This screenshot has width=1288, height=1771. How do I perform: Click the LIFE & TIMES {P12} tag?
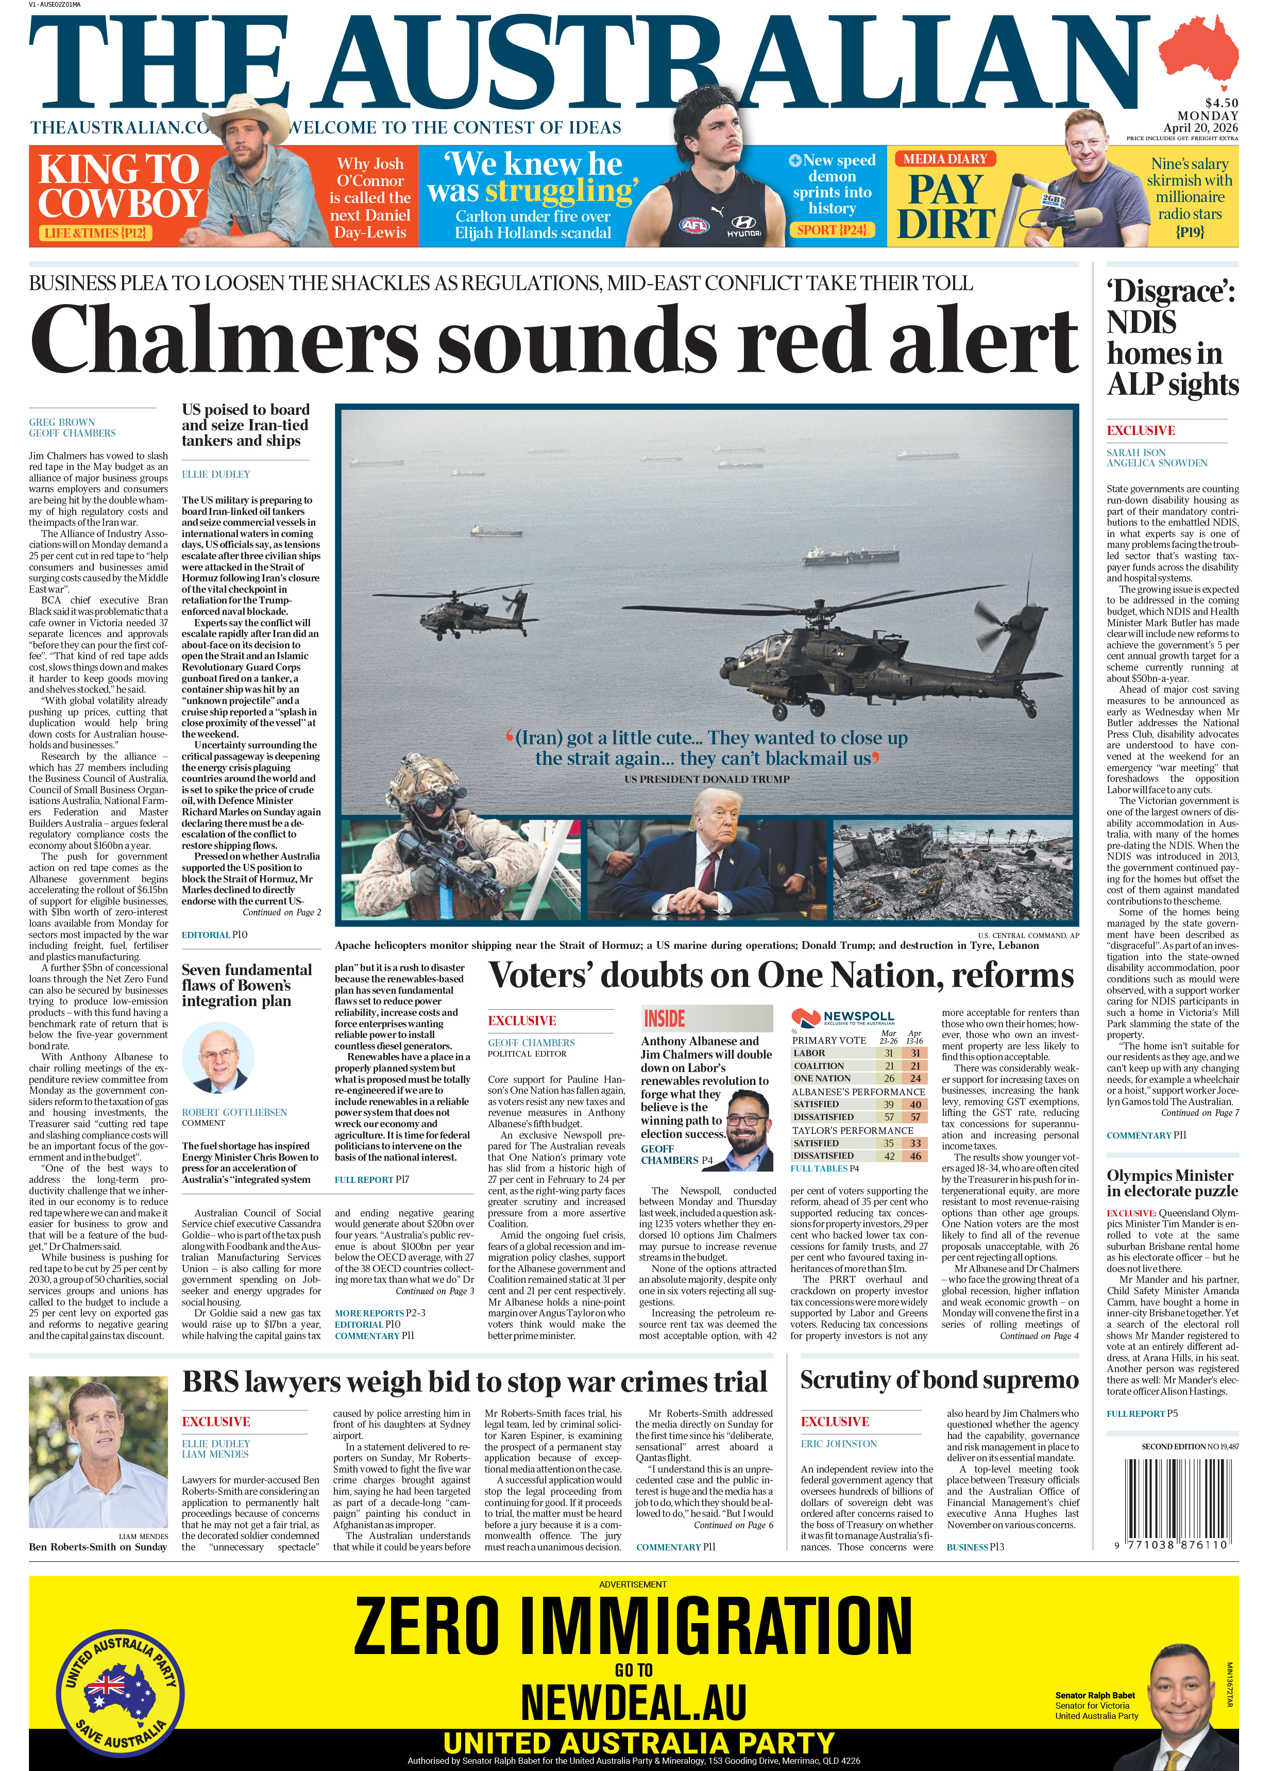click(96, 232)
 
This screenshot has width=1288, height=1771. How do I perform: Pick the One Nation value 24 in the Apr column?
click(915, 1078)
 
